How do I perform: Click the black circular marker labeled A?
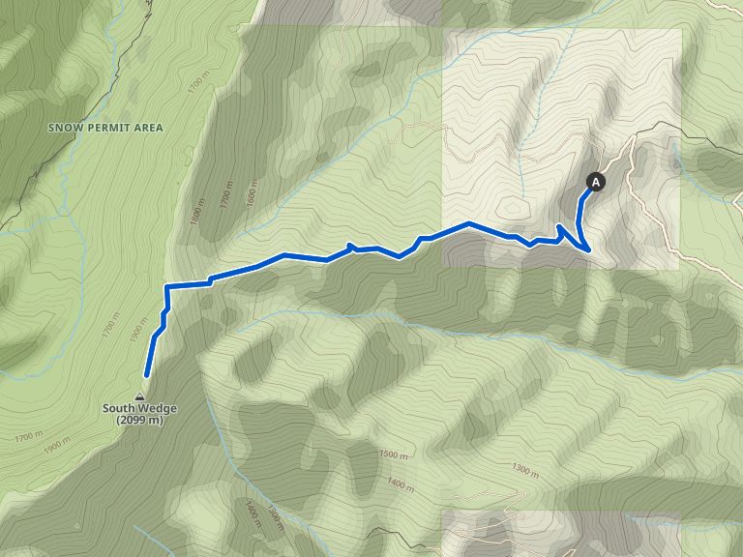596,181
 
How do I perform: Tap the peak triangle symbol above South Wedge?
140,397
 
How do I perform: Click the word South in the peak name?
120,408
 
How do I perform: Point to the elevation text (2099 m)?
139,420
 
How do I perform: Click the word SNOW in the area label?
64,128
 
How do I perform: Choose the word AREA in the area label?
149,128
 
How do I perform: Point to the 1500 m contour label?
394,454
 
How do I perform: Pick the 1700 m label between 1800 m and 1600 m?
226,199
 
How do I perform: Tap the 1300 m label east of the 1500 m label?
525,470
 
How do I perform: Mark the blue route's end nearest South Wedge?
147,374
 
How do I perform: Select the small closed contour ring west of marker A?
512,208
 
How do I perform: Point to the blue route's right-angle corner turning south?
167,287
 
